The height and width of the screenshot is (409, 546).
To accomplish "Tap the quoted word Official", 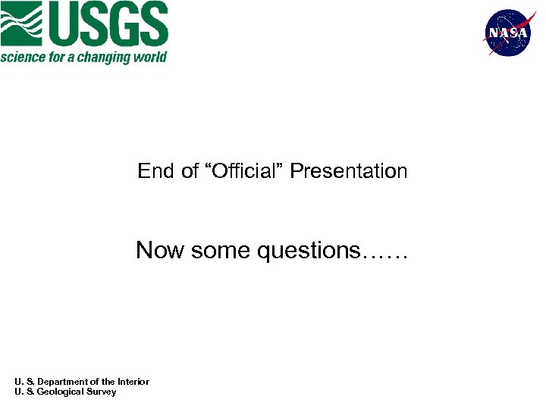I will [x=241, y=171].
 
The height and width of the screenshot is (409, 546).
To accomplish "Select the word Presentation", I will [x=349, y=171].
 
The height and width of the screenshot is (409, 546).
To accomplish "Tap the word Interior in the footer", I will [x=133, y=382].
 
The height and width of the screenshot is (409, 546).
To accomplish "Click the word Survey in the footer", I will [x=102, y=392].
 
